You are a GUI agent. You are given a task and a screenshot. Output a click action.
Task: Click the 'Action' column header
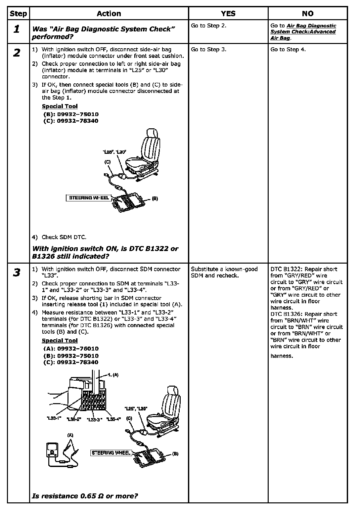[x=109, y=14]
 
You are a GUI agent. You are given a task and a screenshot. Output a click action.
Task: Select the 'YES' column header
[x=228, y=14]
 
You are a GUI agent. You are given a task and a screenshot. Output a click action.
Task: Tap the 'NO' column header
[x=307, y=14]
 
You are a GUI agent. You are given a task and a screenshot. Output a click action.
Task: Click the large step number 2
[x=17, y=53]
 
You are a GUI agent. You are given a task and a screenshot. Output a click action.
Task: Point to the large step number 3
[x=17, y=273]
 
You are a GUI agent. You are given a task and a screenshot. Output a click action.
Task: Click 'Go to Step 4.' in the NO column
[x=288, y=50]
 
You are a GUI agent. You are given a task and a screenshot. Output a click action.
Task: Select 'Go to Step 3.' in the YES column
[x=208, y=50]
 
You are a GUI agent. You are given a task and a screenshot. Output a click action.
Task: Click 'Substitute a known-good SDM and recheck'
[x=224, y=272]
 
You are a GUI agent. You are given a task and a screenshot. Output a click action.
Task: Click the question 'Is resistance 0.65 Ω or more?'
[x=85, y=496]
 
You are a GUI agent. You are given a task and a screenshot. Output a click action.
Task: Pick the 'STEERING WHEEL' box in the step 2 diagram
[x=89, y=198]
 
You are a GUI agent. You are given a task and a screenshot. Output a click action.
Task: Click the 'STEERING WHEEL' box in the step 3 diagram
[x=111, y=453]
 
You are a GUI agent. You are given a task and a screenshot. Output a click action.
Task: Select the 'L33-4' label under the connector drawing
[x=113, y=419]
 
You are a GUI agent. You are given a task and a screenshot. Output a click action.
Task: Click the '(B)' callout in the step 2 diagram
[x=155, y=199]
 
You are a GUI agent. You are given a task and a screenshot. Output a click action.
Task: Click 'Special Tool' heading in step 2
[x=60, y=106]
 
